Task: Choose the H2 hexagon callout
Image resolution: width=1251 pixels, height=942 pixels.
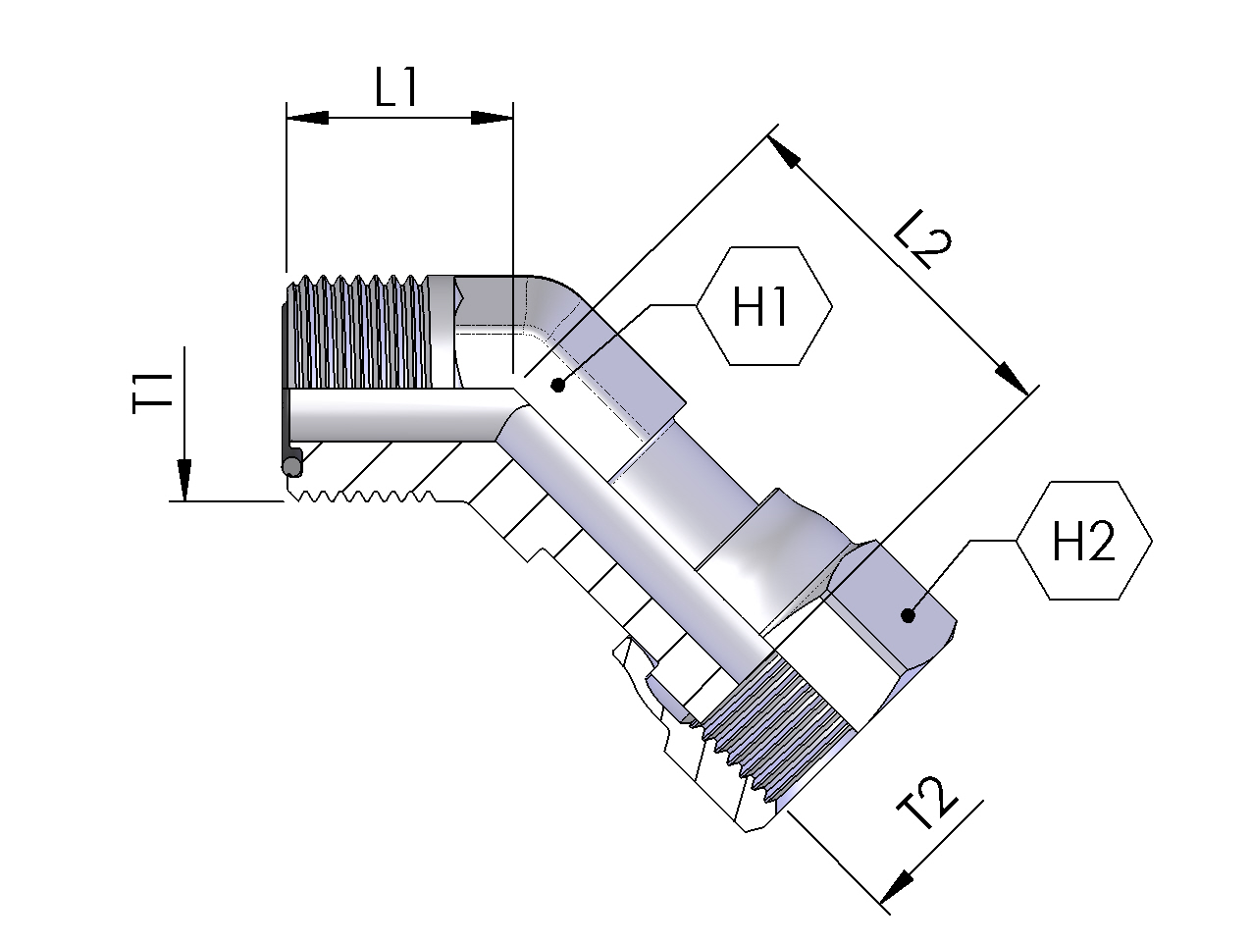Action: [1083, 541]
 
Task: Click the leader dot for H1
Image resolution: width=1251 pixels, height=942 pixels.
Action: [558, 385]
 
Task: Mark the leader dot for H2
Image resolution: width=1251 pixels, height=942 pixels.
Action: [908, 616]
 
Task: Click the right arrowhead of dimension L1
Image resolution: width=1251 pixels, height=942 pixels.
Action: [493, 118]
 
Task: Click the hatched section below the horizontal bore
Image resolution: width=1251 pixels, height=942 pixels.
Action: [392, 471]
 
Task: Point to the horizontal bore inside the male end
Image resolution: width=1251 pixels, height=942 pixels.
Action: [392, 414]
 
